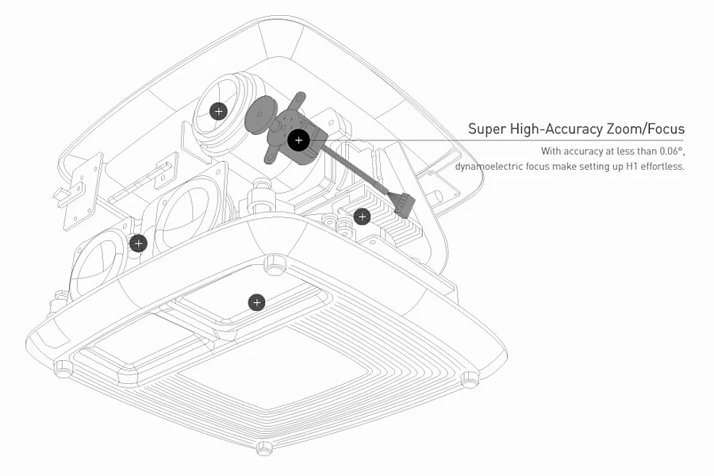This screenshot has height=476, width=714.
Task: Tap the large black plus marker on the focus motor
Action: [298, 140]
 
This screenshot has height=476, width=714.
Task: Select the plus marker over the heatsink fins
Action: [362, 216]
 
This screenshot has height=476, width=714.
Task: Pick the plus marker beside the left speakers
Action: [139, 243]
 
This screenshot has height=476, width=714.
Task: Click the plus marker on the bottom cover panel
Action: [256, 302]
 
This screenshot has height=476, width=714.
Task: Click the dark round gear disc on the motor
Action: [259, 117]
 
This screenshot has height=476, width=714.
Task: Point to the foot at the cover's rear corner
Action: [274, 266]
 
